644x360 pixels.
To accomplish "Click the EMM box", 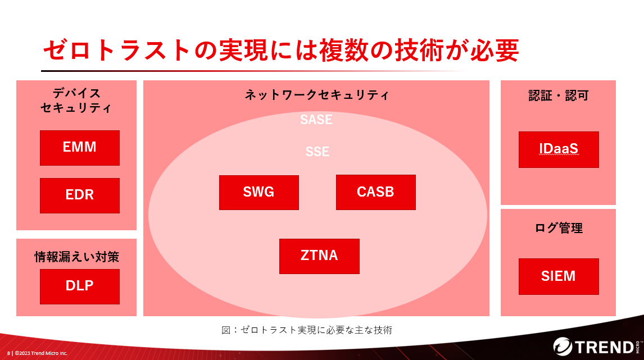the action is click(80, 148).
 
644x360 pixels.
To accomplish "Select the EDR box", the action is click(80, 195).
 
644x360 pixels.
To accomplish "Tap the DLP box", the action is click(80, 286).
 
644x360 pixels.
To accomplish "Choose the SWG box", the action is click(258, 193).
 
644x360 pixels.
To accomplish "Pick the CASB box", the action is click(376, 193).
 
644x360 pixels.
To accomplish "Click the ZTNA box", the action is click(319, 256).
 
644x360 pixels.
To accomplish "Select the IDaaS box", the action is click(559, 149).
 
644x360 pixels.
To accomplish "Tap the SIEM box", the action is click(559, 276).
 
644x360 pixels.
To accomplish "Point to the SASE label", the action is click(316, 120).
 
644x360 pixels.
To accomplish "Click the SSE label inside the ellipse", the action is click(317, 152).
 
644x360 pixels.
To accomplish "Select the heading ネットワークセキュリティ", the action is click(316, 95).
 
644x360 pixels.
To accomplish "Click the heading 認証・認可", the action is click(559, 95).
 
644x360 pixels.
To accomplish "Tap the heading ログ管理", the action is click(559, 228).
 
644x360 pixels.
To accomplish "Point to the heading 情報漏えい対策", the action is click(77, 257).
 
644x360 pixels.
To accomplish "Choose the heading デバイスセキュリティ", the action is click(76, 101).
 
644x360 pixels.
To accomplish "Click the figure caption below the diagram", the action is click(307, 330).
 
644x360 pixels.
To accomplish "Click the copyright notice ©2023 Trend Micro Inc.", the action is click(41, 353).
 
